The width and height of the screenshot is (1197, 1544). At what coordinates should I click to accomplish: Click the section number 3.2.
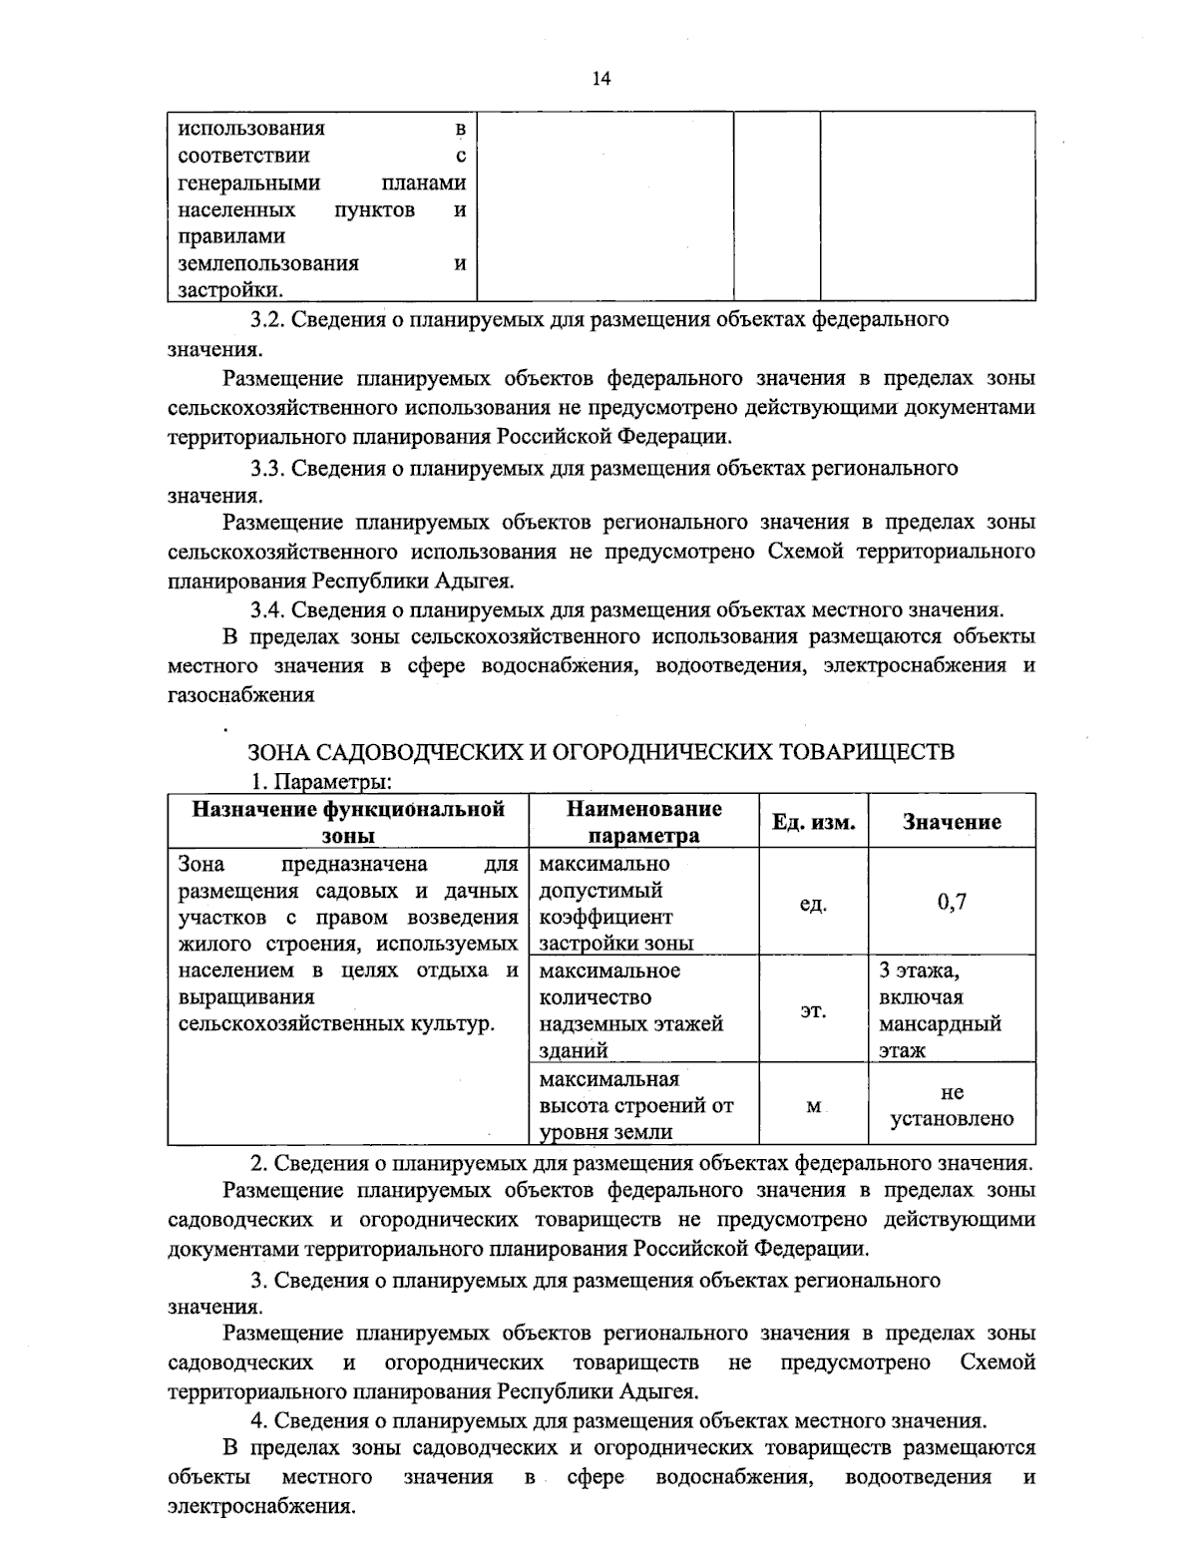click(x=268, y=320)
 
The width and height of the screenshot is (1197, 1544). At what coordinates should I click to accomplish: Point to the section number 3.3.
click(x=268, y=468)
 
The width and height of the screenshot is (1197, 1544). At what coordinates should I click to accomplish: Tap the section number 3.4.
click(x=268, y=609)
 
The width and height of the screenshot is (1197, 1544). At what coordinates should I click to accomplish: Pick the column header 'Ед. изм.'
click(x=813, y=822)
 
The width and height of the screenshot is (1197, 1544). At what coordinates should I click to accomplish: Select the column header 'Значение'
click(x=951, y=822)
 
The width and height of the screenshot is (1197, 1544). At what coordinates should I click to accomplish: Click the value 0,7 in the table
click(x=951, y=903)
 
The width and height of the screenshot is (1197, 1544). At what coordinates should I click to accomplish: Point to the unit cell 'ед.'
click(x=813, y=905)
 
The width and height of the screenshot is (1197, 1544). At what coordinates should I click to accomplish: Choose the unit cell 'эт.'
click(x=813, y=1011)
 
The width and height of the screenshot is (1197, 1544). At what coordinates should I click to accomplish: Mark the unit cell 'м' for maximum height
click(x=813, y=1107)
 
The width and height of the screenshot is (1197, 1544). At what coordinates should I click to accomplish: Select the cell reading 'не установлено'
click(x=951, y=1106)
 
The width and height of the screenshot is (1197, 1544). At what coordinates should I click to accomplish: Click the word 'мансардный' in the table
click(x=940, y=1024)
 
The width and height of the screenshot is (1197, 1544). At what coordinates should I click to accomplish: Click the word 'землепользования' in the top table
click(x=268, y=264)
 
